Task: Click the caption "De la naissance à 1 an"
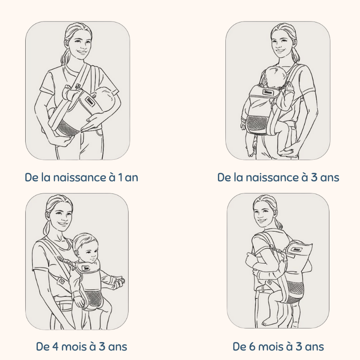[81, 177]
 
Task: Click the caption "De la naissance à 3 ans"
[278, 177]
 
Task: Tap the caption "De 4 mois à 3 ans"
[81, 346]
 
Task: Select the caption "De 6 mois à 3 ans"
[278, 346]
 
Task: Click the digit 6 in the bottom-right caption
[252, 346]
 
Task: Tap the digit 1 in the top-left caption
[120, 178]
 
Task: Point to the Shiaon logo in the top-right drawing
[268, 93]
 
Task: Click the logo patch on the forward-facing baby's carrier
[86, 268]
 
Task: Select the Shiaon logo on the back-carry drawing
[296, 250]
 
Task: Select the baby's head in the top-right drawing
[275, 75]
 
